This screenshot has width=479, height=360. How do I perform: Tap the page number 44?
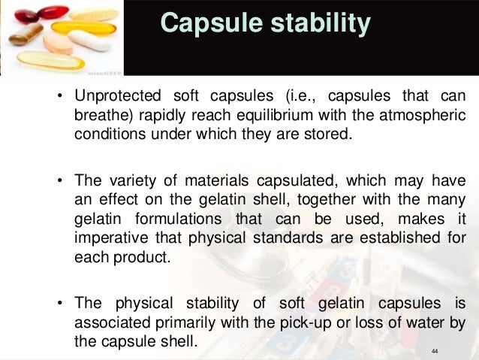pyautogui.click(x=435, y=351)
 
